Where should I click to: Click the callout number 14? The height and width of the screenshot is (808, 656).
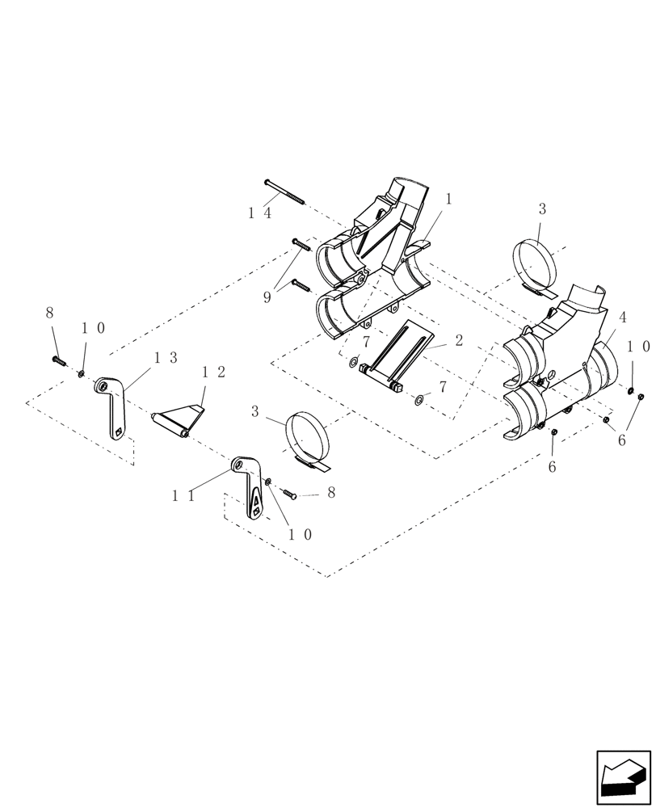(x=259, y=213)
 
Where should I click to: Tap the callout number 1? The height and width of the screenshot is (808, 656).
(x=449, y=199)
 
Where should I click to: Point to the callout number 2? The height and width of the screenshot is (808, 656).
(x=459, y=340)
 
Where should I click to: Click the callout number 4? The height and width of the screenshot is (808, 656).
(x=623, y=316)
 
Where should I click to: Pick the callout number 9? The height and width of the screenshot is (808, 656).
(x=267, y=297)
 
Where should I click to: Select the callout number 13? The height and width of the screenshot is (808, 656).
(x=166, y=358)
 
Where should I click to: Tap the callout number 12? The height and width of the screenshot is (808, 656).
(x=213, y=372)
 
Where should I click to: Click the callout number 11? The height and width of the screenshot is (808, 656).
(x=183, y=495)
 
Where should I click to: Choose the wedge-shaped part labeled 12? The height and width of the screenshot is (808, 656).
(x=179, y=419)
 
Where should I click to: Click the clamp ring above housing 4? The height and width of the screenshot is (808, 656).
(x=535, y=264)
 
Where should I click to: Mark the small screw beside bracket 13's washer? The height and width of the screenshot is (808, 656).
(x=58, y=360)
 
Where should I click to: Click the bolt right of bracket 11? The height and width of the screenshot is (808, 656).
(x=289, y=492)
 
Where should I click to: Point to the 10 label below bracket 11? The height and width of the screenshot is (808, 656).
(x=299, y=534)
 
